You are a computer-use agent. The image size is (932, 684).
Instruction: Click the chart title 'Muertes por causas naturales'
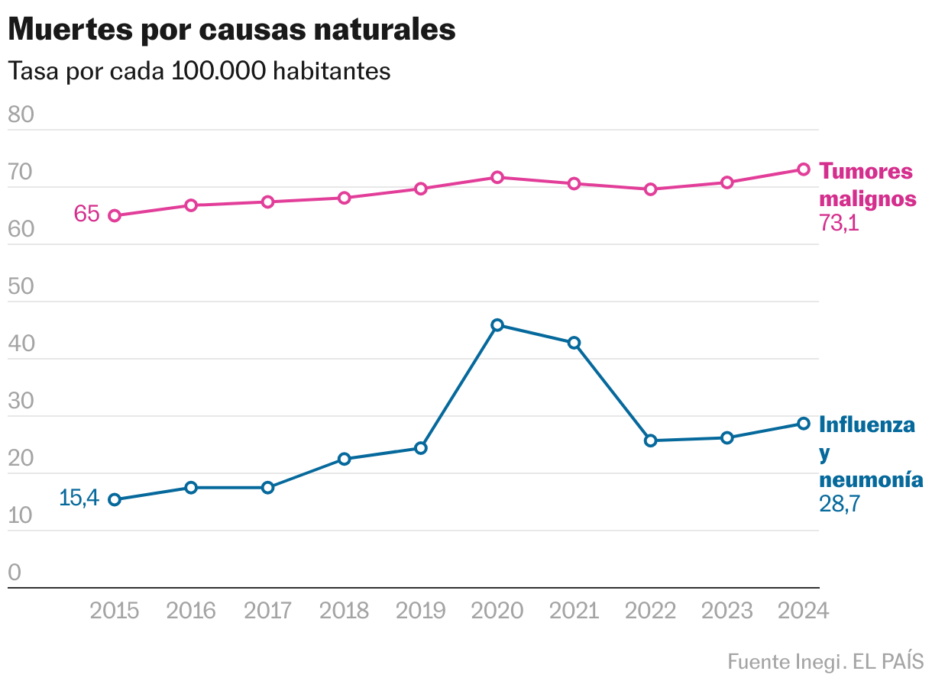click(x=232, y=30)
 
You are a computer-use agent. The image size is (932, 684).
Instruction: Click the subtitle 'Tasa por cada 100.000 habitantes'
click(x=199, y=71)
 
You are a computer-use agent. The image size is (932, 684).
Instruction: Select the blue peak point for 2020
click(x=497, y=325)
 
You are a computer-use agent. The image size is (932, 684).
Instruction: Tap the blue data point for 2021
click(x=574, y=343)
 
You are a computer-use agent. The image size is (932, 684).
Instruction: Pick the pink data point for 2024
click(x=804, y=169)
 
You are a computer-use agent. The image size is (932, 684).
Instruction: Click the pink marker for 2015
click(x=115, y=216)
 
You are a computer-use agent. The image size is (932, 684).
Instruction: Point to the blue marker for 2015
click(x=115, y=500)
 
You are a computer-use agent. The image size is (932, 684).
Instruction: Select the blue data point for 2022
click(x=651, y=440)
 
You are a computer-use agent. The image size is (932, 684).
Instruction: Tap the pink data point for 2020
click(x=497, y=177)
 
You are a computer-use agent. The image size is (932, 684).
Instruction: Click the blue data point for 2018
click(x=345, y=459)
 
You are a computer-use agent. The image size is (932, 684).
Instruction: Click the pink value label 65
click(x=86, y=214)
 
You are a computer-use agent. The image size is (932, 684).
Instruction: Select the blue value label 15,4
click(x=79, y=498)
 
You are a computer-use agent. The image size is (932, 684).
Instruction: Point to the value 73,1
click(x=840, y=224)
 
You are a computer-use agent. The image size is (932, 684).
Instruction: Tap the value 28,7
click(x=840, y=504)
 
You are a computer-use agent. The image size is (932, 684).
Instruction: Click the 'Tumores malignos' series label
click(x=867, y=185)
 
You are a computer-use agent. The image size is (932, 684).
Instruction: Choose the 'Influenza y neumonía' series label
click(x=870, y=452)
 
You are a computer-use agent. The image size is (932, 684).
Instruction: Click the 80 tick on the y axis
click(x=21, y=115)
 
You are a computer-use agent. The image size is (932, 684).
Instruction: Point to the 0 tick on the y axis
click(x=15, y=573)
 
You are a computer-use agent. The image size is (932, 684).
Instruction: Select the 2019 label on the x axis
click(x=421, y=611)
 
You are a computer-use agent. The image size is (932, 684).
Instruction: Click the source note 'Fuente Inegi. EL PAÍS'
click(x=825, y=661)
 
